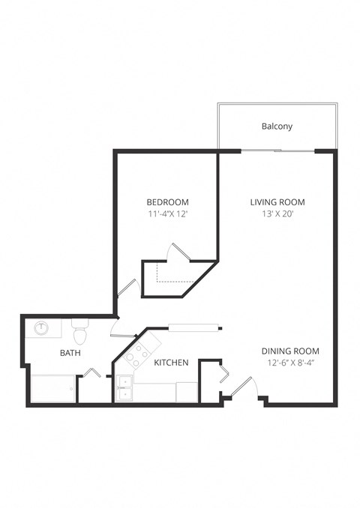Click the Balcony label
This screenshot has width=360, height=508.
277,127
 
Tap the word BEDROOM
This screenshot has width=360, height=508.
167,202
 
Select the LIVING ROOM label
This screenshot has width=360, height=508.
277,202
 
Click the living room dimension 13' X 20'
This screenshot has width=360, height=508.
277,214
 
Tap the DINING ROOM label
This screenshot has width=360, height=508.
290,351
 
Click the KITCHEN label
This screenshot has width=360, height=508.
171,363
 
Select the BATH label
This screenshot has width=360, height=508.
70,353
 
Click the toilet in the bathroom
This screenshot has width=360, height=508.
79,329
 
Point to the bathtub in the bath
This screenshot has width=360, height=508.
52,389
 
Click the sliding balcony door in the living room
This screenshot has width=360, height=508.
277,151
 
